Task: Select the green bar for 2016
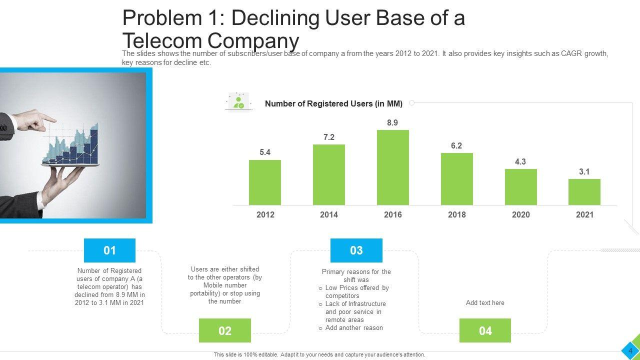(x=392, y=167)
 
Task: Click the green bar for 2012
(x=264, y=182)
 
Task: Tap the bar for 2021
(x=584, y=192)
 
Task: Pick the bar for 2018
(x=456, y=179)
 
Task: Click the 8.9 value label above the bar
(x=392, y=122)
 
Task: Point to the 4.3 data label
(x=520, y=161)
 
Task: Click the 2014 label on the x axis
(x=328, y=214)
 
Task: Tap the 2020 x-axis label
(x=520, y=214)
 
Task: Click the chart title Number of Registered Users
(x=333, y=104)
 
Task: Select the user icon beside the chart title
(x=238, y=102)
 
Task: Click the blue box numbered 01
(x=109, y=250)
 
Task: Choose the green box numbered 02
(x=225, y=330)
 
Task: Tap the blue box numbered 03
(x=356, y=250)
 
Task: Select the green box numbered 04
(x=485, y=330)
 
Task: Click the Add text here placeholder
(x=485, y=303)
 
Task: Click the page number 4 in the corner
(x=630, y=351)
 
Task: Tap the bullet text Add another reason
(x=354, y=328)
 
